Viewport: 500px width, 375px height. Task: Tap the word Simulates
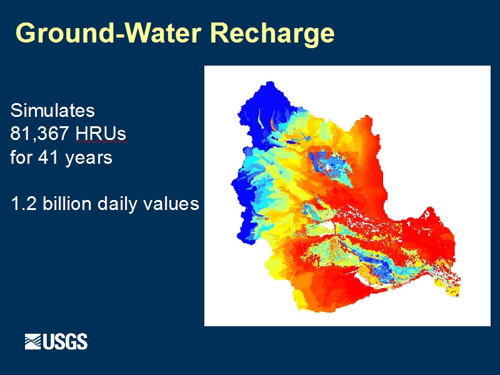(x=52, y=111)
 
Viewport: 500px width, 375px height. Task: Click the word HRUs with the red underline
(x=101, y=134)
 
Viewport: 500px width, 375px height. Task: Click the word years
(x=89, y=159)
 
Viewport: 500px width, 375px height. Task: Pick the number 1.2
(x=24, y=204)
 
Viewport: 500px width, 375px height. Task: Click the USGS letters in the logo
(x=65, y=341)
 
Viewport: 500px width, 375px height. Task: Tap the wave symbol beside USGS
(x=33, y=341)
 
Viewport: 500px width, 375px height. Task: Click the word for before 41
(x=21, y=157)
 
